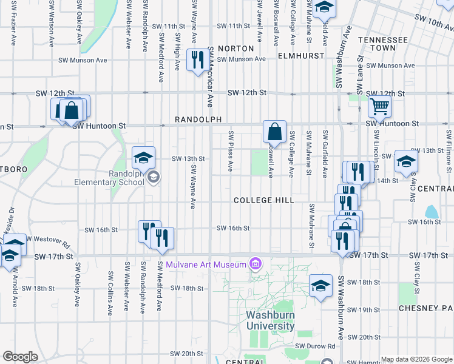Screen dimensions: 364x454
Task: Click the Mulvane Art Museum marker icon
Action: click(256, 264)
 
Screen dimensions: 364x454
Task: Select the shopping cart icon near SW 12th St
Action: click(379, 107)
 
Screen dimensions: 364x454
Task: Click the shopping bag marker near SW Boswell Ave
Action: click(274, 132)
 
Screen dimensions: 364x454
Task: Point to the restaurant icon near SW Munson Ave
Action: click(196, 60)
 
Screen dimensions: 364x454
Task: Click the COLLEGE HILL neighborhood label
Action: click(263, 200)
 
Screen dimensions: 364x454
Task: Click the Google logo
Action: click(20, 357)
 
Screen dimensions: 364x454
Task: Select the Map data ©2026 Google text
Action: click(416, 359)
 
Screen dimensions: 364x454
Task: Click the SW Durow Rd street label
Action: click(315, 346)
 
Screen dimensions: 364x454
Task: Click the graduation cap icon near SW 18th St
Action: click(320, 286)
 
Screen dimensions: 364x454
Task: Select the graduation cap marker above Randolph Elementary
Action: click(143, 158)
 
